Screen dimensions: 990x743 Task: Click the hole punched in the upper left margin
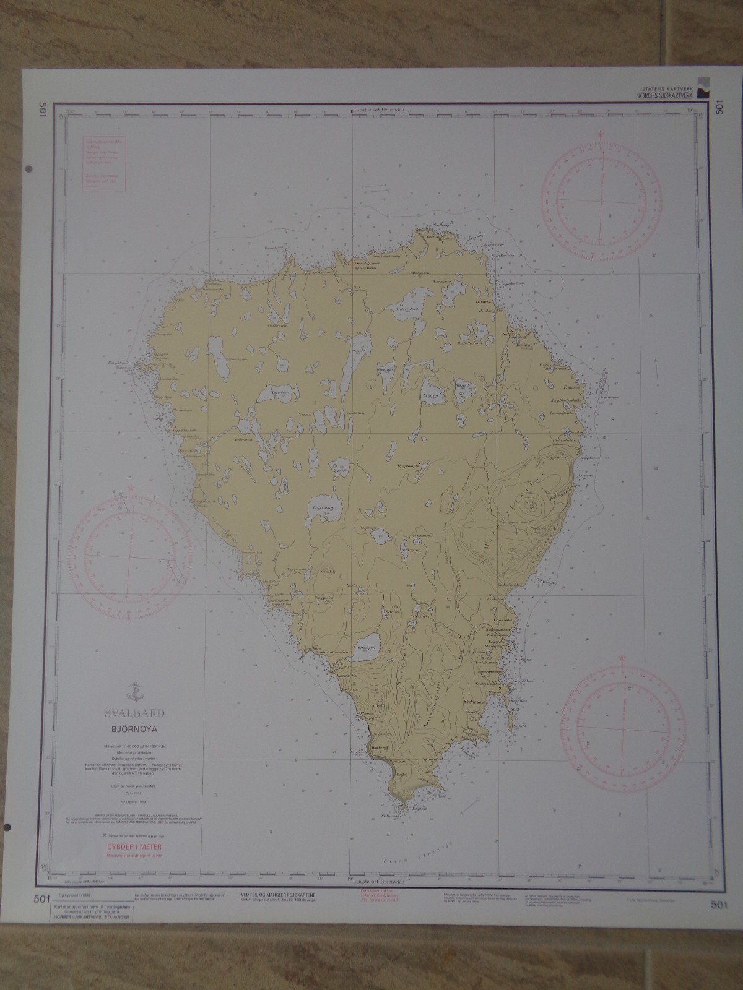(x=30, y=169)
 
